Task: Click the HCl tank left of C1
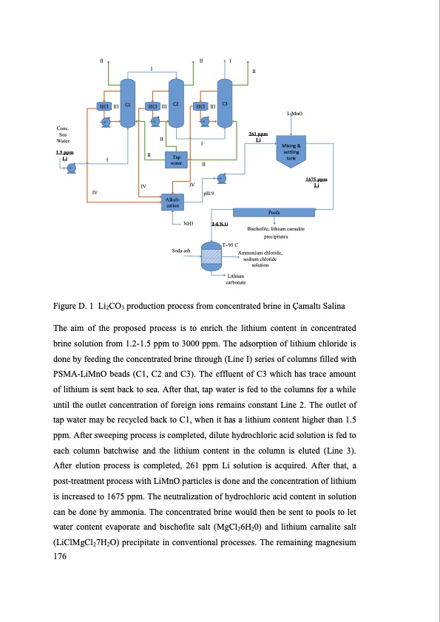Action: click(104, 106)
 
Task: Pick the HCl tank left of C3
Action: click(200, 106)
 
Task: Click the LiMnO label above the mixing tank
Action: click(294, 114)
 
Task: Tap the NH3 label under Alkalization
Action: click(188, 222)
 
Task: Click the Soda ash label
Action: click(182, 251)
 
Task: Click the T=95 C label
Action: click(229, 244)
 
